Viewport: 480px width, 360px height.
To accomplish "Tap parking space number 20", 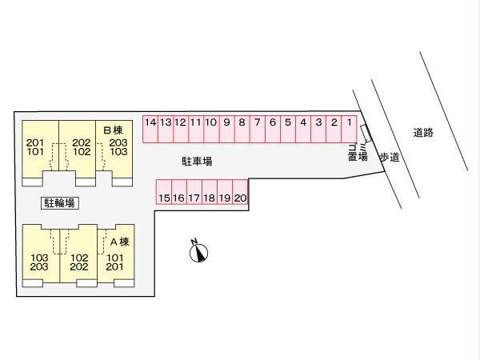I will [x=241, y=196].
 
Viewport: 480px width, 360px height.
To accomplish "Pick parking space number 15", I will [x=164, y=196].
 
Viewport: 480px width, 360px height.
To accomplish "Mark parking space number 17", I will [x=194, y=196].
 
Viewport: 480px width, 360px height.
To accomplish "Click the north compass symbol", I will [x=198, y=252].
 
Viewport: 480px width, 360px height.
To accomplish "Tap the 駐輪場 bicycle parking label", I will [x=59, y=202].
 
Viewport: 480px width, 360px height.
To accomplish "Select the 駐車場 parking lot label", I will [x=197, y=162].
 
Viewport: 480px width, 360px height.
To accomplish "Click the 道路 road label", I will [x=423, y=133].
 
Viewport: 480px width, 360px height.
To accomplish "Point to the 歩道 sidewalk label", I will [x=389, y=158].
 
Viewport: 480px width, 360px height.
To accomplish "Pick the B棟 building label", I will [x=112, y=129].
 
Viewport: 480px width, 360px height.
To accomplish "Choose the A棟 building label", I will [x=118, y=242].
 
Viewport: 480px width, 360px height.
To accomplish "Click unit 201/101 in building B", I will [x=35, y=147].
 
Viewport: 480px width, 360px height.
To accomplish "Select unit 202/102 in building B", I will [x=80, y=147].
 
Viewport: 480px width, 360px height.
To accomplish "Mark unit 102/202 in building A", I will [x=79, y=262].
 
